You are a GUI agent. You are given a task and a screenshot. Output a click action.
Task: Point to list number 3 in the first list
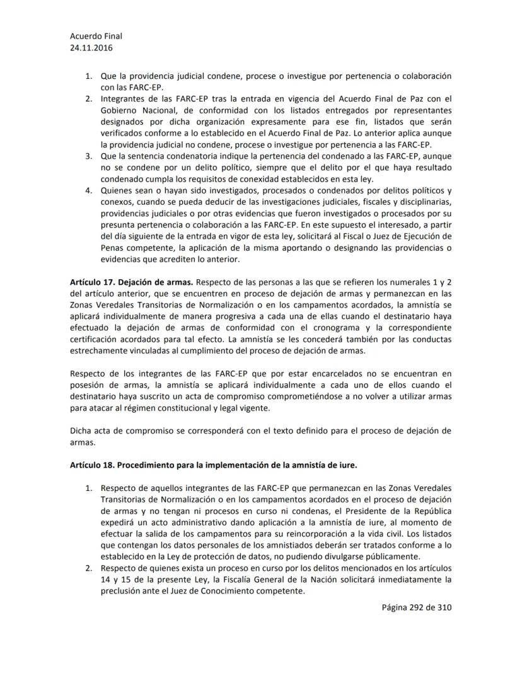90,155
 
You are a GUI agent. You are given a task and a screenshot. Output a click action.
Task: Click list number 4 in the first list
90,190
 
